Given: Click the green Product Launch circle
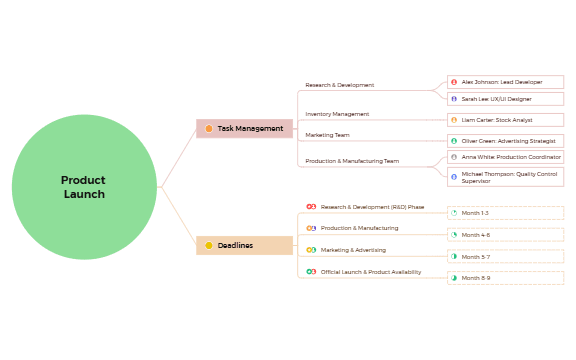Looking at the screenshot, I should click(x=84, y=187).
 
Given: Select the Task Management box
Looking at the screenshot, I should click(x=244, y=128).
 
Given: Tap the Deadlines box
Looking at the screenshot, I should click(x=244, y=245).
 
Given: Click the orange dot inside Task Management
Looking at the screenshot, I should click(x=209, y=128).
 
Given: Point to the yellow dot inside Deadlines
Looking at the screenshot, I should click(x=209, y=245).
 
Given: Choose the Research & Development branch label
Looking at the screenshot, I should click(x=340, y=85).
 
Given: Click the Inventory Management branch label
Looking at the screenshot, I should click(x=337, y=114).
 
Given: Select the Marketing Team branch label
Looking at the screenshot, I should click(x=327, y=134).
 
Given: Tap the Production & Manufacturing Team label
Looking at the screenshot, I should click(x=352, y=160).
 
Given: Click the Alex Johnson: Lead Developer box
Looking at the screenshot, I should click(x=505, y=82).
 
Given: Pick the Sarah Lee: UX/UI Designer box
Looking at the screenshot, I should click(x=505, y=99).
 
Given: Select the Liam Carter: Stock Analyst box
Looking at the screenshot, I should click(x=505, y=120).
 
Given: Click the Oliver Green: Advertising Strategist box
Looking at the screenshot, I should click(x=505, y=141).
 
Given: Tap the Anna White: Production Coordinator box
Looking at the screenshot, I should click(x=505, y=157).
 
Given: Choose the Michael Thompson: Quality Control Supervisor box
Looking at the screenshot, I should click(x=505, y=176).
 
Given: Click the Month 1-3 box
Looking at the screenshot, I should click(x=505, y=213).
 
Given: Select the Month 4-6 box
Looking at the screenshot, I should click(x=505, y=235).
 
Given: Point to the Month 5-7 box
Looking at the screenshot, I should click(x=505, y=256).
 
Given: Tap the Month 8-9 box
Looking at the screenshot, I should click(x=505, y=278).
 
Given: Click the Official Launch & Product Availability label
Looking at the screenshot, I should click(x=370, y=272).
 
